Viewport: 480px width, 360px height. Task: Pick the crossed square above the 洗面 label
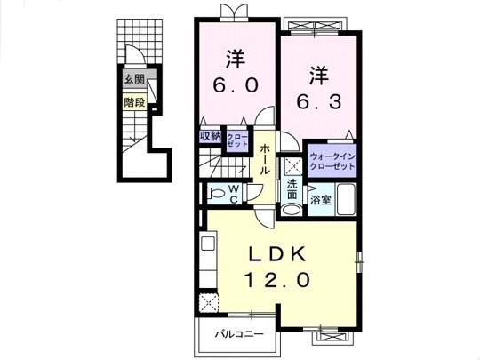click(x=292, y=166)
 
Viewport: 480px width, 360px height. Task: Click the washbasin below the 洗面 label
click(x=292, y=210)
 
